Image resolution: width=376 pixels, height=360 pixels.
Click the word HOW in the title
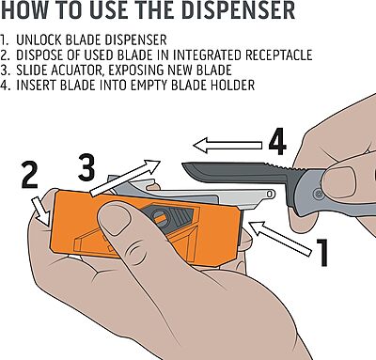pos(30,13)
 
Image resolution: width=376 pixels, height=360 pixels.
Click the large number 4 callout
pos(276,144)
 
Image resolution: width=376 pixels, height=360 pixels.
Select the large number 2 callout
pos(29,177)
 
